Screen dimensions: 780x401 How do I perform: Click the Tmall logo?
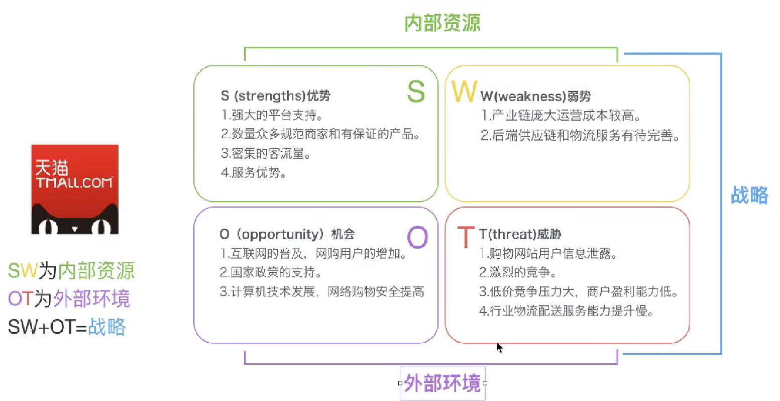coord(75,189)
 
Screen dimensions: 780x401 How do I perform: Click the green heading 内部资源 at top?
coord(442,23)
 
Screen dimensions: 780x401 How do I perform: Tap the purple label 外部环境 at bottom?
coord(442,383)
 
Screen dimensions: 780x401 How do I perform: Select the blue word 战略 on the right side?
coord(749,195)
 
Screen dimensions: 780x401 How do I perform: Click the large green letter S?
coord(416,91)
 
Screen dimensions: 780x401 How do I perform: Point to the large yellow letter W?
coord(464,91)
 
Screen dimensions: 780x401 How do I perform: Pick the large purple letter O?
coord(417,237)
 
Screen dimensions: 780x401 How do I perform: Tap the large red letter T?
coord(466,237)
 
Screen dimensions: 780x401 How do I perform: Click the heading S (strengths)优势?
coord(276,96)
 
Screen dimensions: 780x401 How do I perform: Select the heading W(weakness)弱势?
coord(535,96)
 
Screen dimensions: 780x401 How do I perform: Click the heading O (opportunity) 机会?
coord(287,234)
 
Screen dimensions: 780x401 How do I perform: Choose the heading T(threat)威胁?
coord(520,234)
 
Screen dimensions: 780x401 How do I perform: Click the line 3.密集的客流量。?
coord(266,154)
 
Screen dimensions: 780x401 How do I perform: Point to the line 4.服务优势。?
coord(254,173)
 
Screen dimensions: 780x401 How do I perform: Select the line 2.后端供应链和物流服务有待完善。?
coord(580,136)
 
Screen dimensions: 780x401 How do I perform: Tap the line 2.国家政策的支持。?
coord(271,273)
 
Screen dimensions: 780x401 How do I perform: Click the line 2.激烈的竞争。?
coord(517,273)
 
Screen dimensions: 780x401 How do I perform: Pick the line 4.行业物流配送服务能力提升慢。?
coord(566,311)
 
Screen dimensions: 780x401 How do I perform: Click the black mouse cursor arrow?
coord(499,348)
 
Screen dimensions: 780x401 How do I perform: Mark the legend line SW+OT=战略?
coord(67,327)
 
